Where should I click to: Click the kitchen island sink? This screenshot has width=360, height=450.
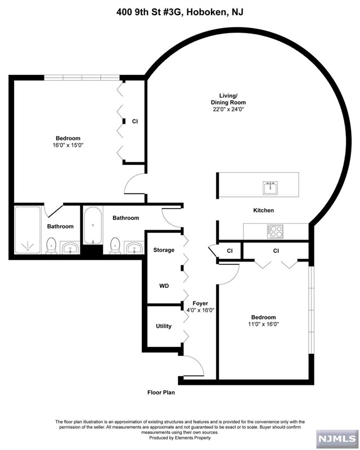click(x=270, y=188)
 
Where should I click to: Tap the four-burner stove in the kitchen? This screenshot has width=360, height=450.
click(x=275, y=231)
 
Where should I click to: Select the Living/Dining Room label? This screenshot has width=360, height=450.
click(x=228, y=99)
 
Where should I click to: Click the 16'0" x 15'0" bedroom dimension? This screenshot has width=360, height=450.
click(x=68, y=145)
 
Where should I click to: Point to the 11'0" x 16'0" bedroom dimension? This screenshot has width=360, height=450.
click(x=264, y=325)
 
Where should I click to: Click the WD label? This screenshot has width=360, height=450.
click(x=164, y=286)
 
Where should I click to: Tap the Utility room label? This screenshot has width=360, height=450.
click(x=164, y=326)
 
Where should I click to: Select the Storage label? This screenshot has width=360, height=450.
click(x=164, y=250)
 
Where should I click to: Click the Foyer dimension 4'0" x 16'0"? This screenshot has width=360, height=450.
click(x=200, y=310)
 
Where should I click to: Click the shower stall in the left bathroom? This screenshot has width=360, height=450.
click(x=28, y=230)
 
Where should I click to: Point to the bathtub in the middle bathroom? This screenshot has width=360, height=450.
click(x=93, y=226)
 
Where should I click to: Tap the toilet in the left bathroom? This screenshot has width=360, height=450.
click(x=51, y=246)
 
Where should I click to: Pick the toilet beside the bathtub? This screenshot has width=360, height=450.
click(x=115, y=246)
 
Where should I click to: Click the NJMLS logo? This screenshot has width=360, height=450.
click(x=337, y=438)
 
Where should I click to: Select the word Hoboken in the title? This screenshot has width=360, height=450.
click(x=206, y=12)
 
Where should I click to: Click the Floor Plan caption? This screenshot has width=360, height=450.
click(x=161, y=392)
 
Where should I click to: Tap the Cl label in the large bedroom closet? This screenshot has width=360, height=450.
click(x=135, y=121)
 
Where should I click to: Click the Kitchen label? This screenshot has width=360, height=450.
click(x=264, y=210)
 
